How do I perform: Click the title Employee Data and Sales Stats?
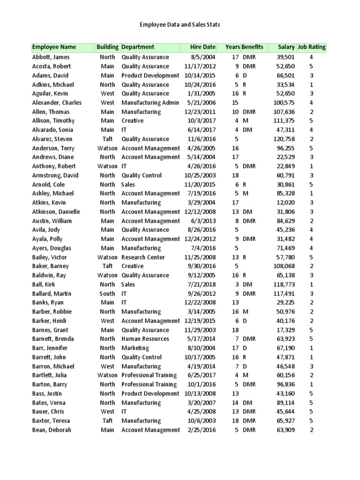[x=180, y=24]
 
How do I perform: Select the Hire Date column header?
[x=202, y=47]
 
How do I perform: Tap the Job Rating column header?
[x=312, y=47]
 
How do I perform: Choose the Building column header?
[x=107, y=47]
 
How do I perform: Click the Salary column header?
[x=286, y=47]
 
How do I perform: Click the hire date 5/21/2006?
[x=203, y=103]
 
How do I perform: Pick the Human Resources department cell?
[x=145, y=339]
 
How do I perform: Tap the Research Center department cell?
[x=143, y=257]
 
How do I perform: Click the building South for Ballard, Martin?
[x=107, y=294]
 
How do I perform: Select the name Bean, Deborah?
[x=52, y=430]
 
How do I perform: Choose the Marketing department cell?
[x=135, y=348]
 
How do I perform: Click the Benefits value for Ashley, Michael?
[x=245, y=194]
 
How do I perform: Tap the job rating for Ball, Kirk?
[x=311, y=285]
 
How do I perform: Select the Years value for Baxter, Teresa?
[x=235, y=421]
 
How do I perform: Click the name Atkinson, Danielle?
[x=56, y=212]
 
